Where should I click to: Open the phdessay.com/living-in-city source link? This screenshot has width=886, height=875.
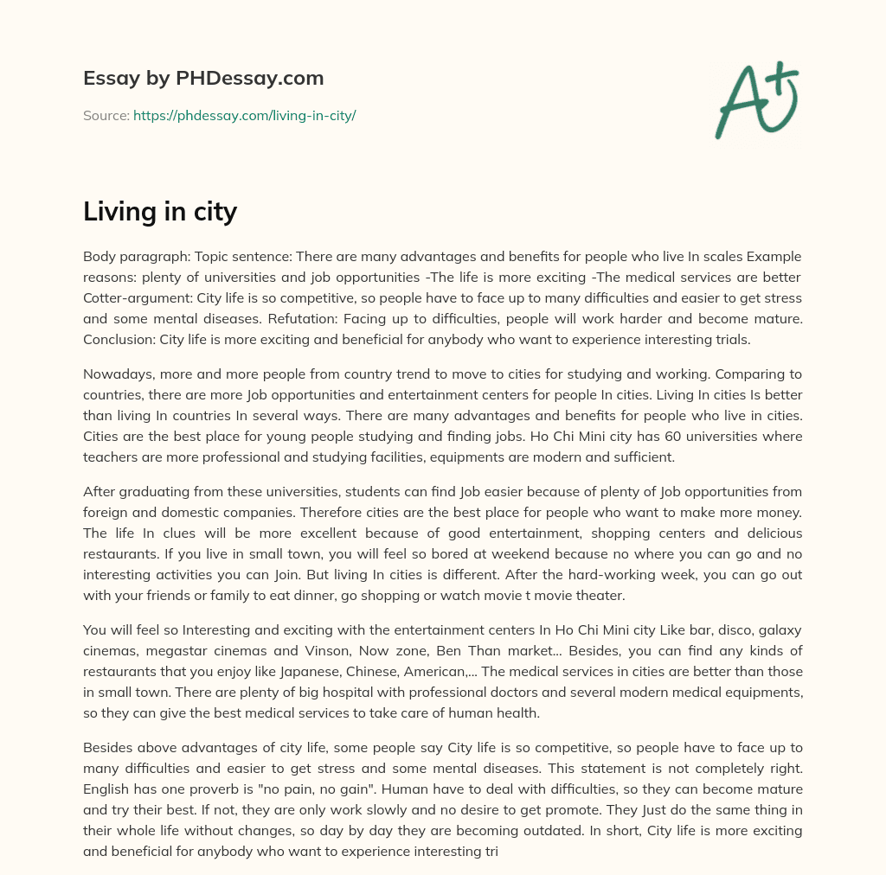point(244,115)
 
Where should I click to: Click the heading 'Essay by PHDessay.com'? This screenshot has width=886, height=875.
point(203,79)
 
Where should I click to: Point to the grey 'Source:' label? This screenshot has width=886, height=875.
point(106,115)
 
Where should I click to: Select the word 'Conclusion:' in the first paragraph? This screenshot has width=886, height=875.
point(119,339)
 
